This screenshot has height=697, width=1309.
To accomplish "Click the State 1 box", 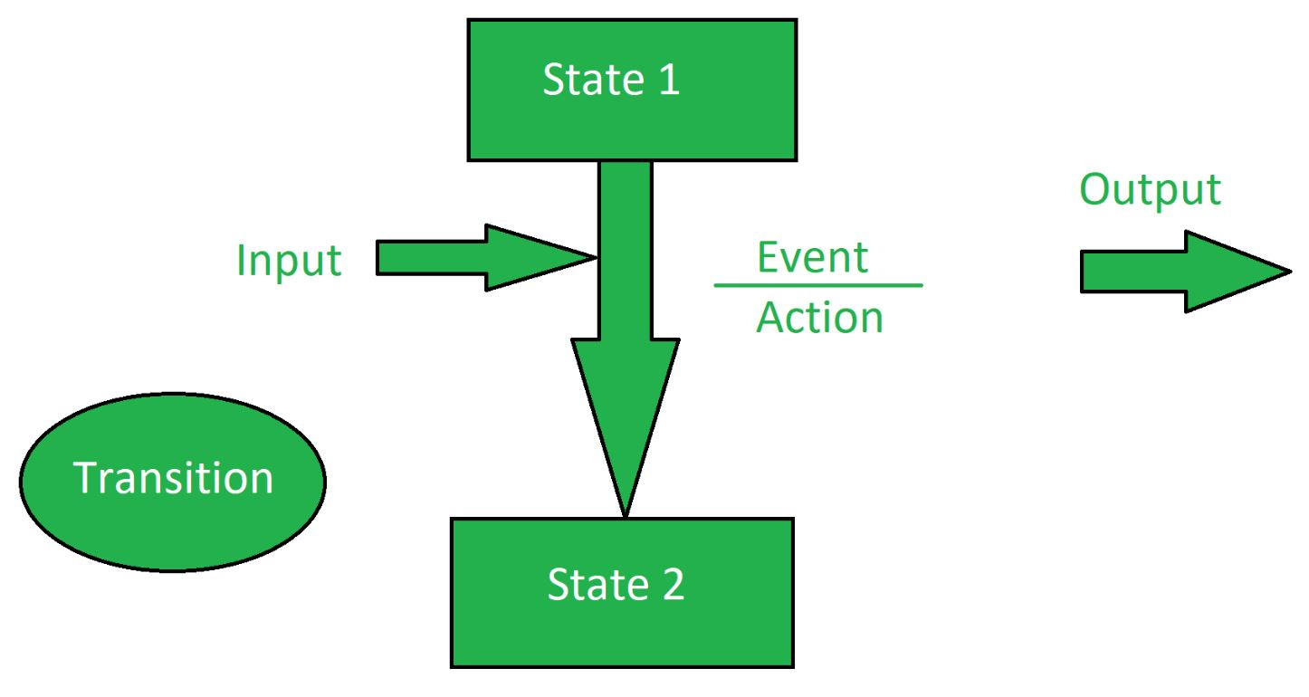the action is tap(632, 90).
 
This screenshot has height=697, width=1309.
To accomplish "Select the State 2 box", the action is tap(622, 593).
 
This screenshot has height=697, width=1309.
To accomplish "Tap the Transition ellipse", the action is tap(173, 482).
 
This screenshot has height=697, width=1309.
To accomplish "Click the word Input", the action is tap(289, 261).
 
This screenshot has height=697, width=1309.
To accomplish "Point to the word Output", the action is tap(1150, 190).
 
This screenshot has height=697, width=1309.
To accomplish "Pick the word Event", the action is tap(812, 257).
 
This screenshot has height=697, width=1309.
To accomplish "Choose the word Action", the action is tap(819, 318).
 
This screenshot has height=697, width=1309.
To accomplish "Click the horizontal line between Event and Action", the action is tap(818, 286).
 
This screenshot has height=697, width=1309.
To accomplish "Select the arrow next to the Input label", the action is tap(486, 258).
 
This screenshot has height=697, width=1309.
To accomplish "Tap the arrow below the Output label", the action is tap(1186, 272).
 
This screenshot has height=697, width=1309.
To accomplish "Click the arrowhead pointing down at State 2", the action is tap(626, 409).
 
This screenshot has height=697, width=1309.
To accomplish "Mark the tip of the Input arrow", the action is tap(596, 257).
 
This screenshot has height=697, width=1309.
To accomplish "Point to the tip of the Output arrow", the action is tap(1291, 271).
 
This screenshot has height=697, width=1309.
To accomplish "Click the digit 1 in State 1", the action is tap(669, 79).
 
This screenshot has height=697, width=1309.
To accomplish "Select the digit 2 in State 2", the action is tap(674, 584).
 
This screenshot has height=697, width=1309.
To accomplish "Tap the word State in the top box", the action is tap(593, 79).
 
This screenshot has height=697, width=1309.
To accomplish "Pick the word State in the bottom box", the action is tap(597, 584).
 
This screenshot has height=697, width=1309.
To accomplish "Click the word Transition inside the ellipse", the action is tap(173, 478).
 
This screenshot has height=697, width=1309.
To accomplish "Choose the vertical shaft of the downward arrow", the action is tap(626, 250).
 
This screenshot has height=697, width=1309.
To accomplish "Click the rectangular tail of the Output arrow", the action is tap(1133, 272).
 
